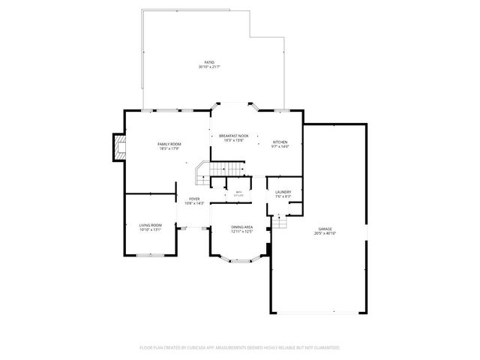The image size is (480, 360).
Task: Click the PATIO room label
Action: (209, 62)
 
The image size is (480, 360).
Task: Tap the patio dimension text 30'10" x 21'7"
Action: (209, 67)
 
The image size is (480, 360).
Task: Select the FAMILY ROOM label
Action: (169, 143)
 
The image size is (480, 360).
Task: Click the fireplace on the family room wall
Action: (118, 148)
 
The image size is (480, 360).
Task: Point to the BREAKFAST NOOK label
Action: (234, 136)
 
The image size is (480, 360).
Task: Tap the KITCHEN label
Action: (280, 142)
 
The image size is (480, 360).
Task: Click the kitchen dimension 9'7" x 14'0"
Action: (280, 147)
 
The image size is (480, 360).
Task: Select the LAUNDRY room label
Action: (283, 192)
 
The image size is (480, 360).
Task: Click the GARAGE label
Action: (324, 229)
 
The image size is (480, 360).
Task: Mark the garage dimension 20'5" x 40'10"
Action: (324, 234)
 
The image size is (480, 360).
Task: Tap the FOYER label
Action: (193, 199)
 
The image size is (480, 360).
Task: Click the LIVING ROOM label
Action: (150, 225)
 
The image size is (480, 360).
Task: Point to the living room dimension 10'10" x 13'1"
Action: (150, 230)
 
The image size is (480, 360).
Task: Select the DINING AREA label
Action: (241, 226)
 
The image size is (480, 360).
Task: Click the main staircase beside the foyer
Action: (204, 175)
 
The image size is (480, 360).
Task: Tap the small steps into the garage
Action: (280, 223)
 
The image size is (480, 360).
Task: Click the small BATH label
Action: (238, 193)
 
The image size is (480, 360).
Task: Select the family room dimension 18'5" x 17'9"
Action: (169, 148)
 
